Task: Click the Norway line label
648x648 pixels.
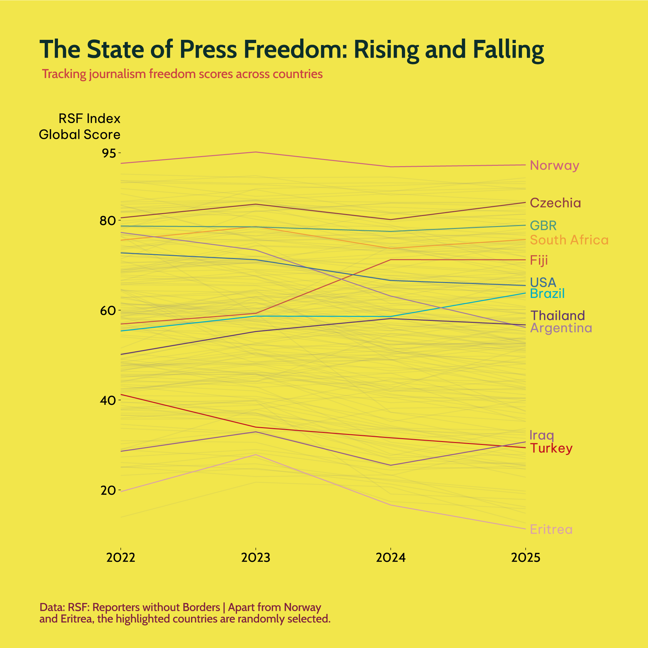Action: point(554,165)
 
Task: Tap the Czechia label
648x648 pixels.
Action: point(555,203)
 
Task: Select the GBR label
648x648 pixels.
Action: point(543,225)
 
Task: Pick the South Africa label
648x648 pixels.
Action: point(569,240)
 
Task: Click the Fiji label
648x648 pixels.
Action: point(539,260)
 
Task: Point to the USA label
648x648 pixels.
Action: point(543,282)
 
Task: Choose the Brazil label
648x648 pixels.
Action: point(547,293)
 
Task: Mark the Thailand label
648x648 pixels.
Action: point(557,316)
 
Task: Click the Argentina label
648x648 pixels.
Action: point(561,328)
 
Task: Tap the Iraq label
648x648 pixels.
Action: point(541,435)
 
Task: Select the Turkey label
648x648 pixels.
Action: point(551,448)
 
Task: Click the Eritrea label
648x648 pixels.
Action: point(551,529)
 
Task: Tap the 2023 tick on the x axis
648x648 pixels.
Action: point(256,558)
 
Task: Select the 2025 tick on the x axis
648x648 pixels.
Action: point(525,558)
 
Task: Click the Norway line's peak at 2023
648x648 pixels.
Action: point(256,152)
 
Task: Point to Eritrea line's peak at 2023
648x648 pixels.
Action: point(256,454)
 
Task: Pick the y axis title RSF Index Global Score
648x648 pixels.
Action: point(80,126)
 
